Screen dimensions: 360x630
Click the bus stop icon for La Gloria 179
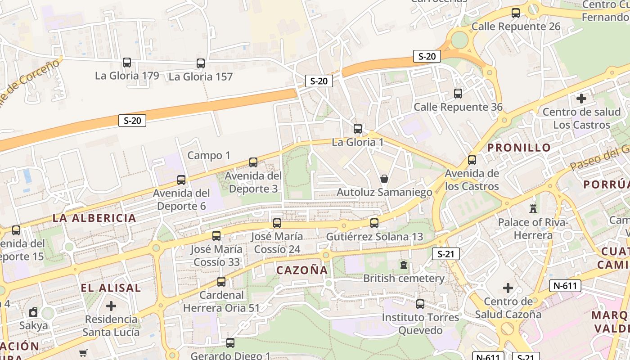tap(127, 63)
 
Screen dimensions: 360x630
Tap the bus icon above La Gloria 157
tap(201, 63)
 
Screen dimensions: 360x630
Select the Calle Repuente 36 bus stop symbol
tap(458, 94)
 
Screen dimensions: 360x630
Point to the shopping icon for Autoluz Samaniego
tap(384, 179)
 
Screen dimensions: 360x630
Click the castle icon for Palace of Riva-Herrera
tap(533, 208)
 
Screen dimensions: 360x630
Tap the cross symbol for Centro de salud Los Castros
tap(581, 98)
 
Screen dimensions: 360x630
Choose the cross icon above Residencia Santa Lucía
tap(111, 306)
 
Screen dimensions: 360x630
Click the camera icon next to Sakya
tap(33, 312)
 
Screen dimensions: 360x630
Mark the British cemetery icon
tap(404, 265)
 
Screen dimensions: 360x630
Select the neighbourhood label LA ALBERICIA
tap(94, 218)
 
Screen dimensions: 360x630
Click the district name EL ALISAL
tap(111, 288)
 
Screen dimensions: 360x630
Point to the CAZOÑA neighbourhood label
tap(302, 270)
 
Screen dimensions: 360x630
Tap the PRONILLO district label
tap(519, 148)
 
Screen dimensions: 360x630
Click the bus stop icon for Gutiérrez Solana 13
tap(374, 223)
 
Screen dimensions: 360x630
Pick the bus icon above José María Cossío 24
tap(277, 223)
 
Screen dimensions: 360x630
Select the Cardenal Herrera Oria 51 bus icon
tap(221, 282)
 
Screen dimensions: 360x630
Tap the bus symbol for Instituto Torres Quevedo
tap(420, 304)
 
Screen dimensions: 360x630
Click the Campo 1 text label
tap(209, 156)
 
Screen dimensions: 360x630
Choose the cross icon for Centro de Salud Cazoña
tap(508, 288)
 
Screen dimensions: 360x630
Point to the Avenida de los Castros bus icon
tap(472, 160)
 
